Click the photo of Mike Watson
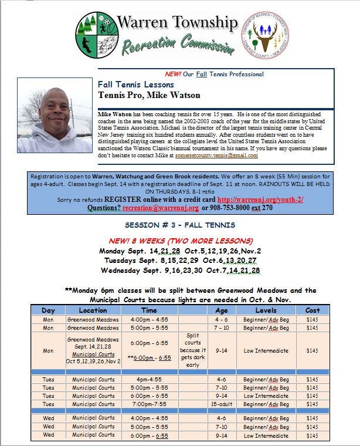click(x=55, y=116)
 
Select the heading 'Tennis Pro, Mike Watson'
click(x=149, y=95)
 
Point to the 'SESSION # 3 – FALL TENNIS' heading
click(x=181, y=225)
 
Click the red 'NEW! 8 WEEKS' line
click(x=180, y=241)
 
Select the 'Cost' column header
click(x=313, y=310)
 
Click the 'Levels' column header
click(x=266, y=310)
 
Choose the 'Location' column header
click(x=93, y=310)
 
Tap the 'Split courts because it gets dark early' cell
click(x=193, y=350)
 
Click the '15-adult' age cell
click(x=222, y=404)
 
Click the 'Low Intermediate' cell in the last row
click(x=266, y=435)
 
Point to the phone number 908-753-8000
click(x=225, y=208)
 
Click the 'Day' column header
click(x=48, y=310)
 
